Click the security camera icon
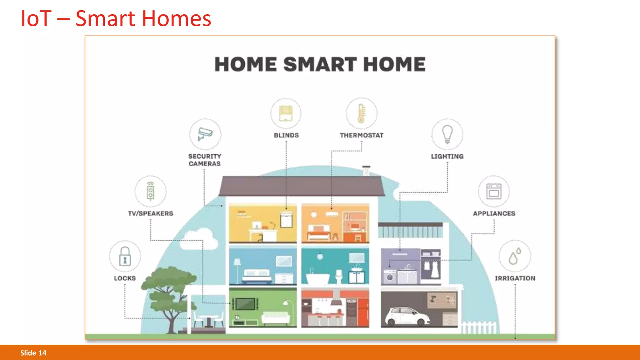tap(205, 134)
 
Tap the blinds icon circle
tap(286, 113)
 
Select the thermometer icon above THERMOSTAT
tap(361, 113)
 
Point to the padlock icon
tap(125, 256)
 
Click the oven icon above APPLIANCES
tap(494, 191)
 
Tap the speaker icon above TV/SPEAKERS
tap(151, 191)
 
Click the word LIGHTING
tap(447, 156)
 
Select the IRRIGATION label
tap(515, 278)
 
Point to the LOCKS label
tap(125, 278)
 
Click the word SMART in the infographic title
tap(320, 64)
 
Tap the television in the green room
tap(245, 303)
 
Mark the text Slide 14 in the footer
tap(33, 353)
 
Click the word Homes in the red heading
tap(177, 19)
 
